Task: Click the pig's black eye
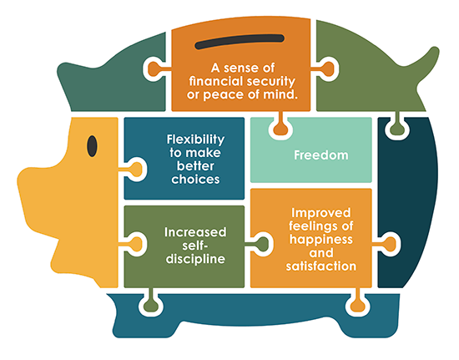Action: (x=92, y=146)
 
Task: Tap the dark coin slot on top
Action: (x=240, y=42)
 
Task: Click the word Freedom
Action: (x=321, y=155)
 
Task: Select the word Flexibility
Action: (x=195, y=139)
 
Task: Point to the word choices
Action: (x=195, y=180)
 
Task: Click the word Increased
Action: (x=195, y=232)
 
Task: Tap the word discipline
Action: (x=195, y=259)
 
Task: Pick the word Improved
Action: (x=321, y=213)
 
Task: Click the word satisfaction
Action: (x=321, y=266)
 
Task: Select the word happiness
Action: (x=321, y=240)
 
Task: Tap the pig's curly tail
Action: (x=426, y=63)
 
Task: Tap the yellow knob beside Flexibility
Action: (x=135, y=170)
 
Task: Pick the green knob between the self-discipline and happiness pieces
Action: (x=260, y=244)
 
